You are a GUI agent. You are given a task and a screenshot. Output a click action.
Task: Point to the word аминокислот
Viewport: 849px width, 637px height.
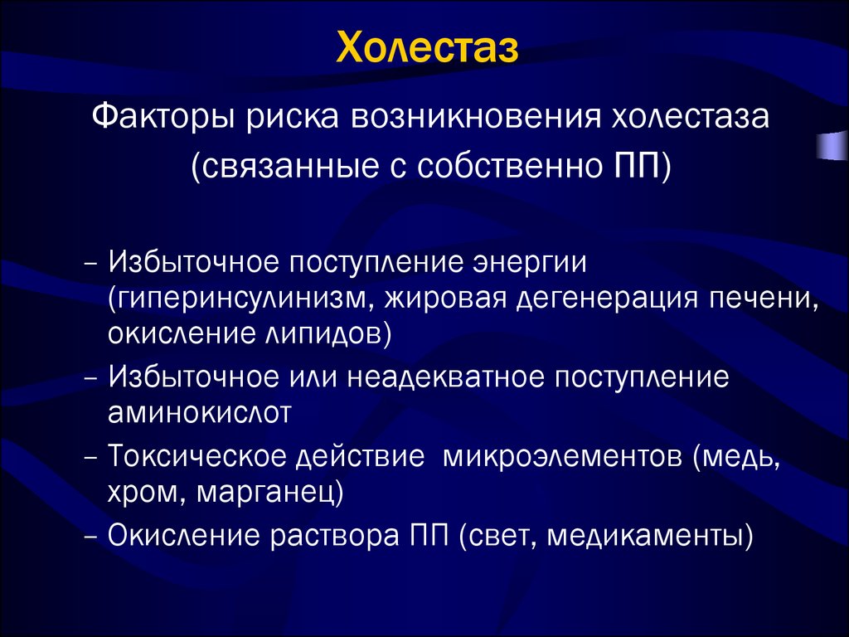click(x=199, y=412)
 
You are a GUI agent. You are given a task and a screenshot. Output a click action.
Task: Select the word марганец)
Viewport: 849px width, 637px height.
click(x=271, y=492)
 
